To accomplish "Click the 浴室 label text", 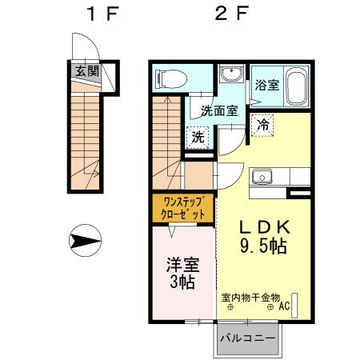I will pos(266,86).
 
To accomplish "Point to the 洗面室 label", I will pos(218,111).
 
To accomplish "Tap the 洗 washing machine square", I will pos(198,137).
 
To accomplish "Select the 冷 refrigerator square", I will pos(262,124).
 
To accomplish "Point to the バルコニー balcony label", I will pos(247,338).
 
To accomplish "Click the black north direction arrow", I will pos(83,239).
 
